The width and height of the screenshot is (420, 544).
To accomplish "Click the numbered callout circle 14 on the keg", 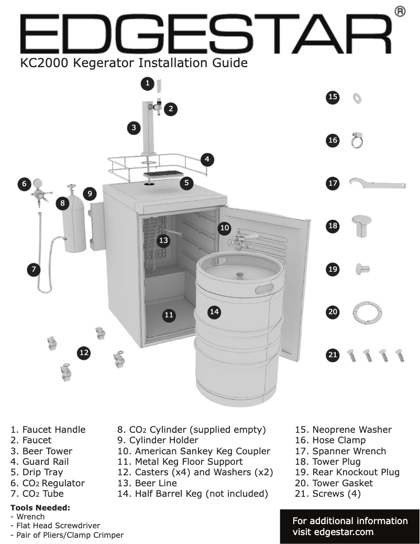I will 214,312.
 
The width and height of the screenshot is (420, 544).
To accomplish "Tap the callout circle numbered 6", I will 24,184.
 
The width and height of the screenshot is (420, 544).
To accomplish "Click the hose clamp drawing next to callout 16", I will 358,140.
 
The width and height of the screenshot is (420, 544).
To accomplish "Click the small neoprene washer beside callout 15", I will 358,97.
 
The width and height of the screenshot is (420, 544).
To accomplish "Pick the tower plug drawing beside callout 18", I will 361,225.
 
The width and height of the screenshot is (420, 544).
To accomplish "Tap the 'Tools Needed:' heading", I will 40,507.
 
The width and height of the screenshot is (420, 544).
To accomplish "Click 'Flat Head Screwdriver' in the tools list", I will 58,525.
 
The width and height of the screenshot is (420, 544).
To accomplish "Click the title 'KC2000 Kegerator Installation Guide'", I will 134,63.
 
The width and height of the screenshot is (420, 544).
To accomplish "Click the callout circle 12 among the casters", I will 84,353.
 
